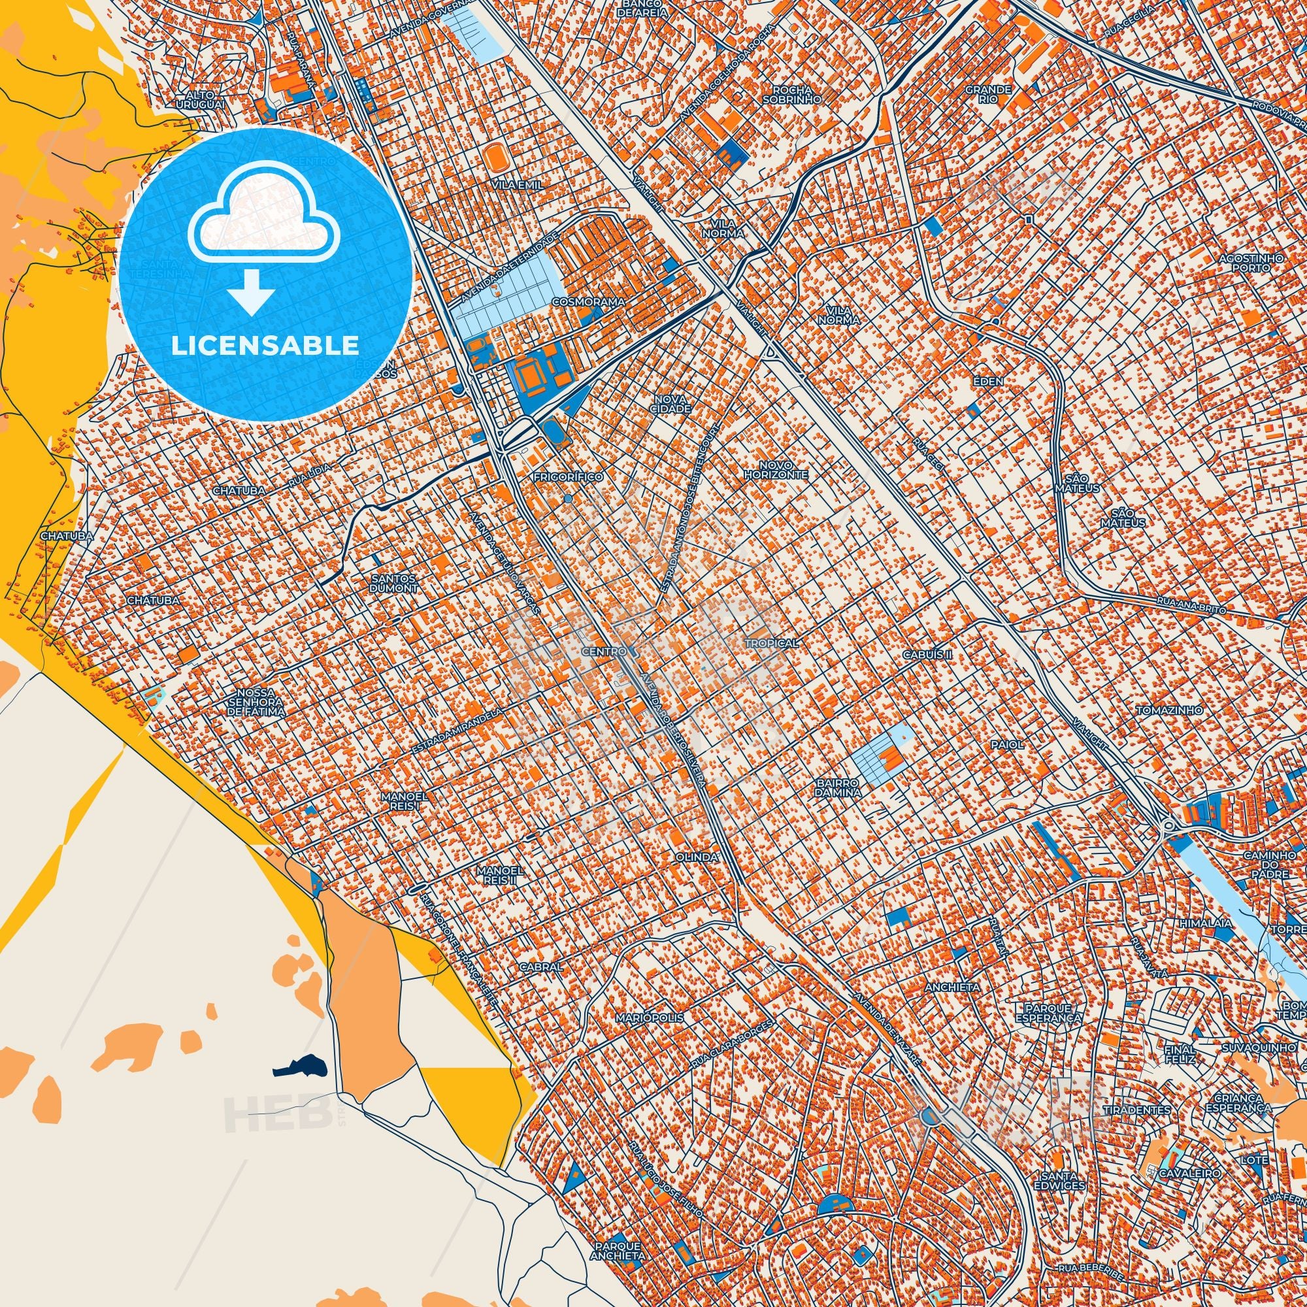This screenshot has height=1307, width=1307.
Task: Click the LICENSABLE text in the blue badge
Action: pyautogui.click(x=265, y=346)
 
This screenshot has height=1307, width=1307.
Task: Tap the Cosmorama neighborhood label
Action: pyautogui.click(x=587, y=301)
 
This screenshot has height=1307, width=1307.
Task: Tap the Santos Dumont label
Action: pyautogui.click(x=393, y=583)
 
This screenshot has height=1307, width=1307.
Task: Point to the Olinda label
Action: pyautogui.click(x=696, y=857)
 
